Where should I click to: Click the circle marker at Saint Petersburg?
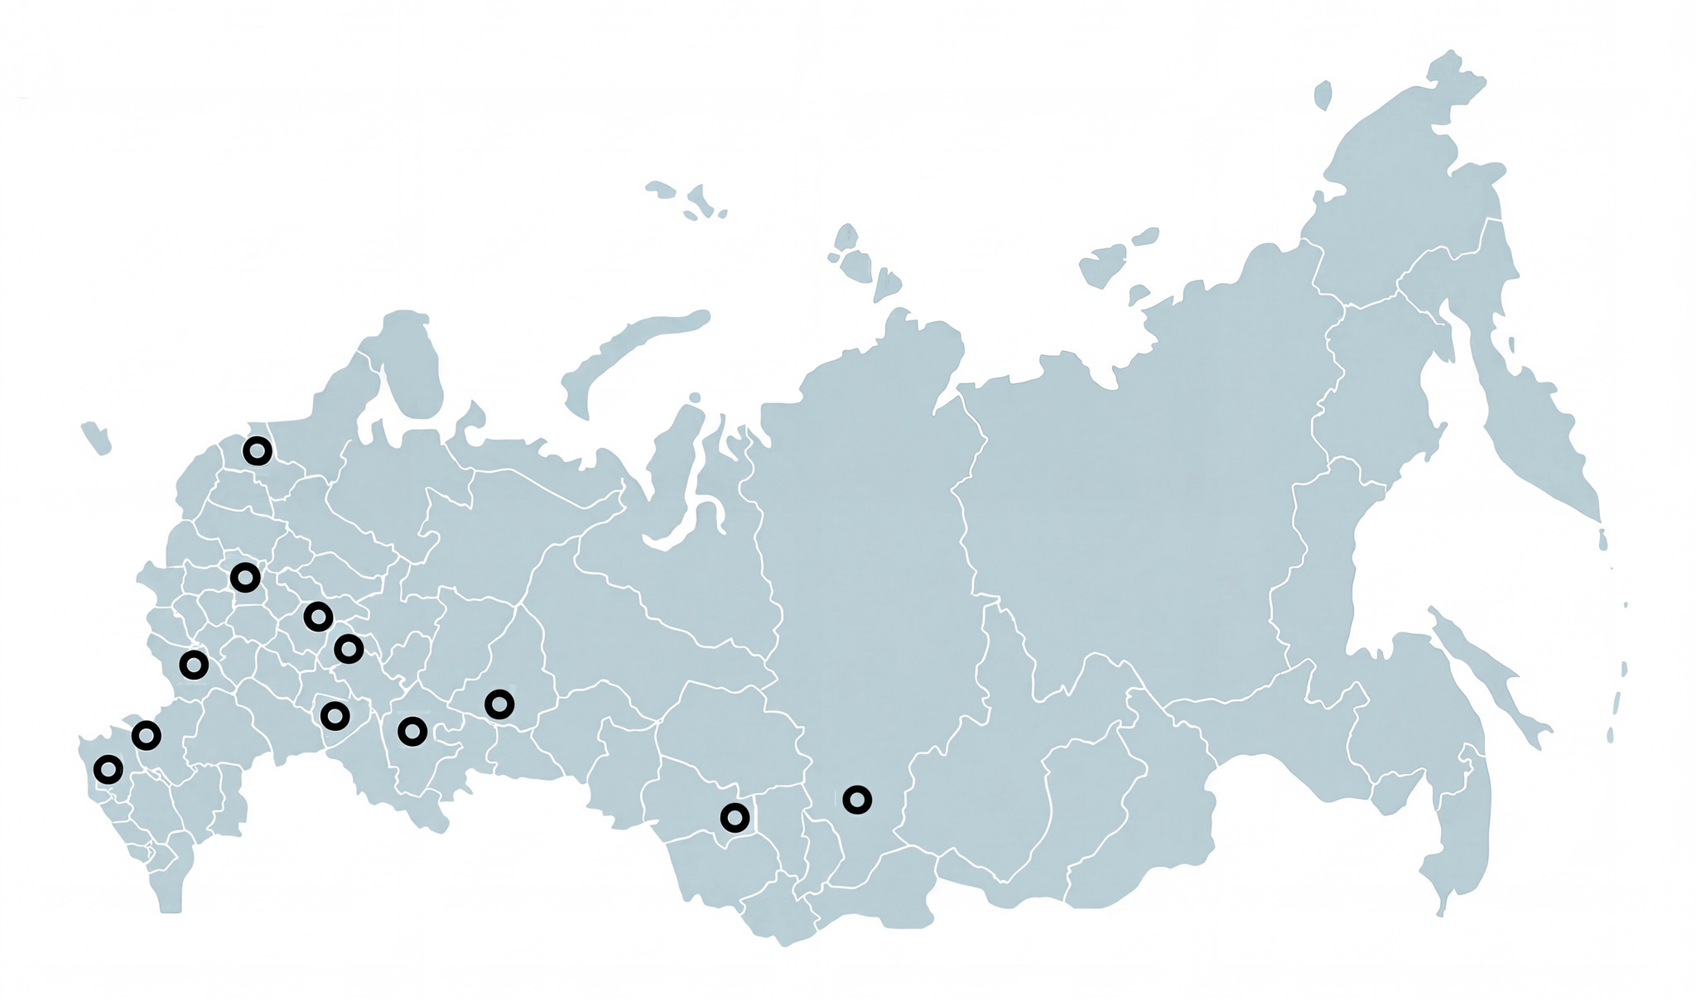258,451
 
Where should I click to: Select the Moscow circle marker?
245,577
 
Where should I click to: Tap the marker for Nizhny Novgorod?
318,617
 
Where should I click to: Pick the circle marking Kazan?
349,649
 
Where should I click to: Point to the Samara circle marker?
335,715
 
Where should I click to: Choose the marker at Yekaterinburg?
499,704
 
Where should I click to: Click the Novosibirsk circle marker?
735,818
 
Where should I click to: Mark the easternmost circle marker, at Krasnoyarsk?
858,800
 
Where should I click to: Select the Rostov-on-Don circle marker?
146,735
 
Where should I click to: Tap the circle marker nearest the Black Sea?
108,770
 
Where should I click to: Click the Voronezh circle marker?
193,665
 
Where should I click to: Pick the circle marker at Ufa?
412,732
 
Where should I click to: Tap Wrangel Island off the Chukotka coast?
1323,94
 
